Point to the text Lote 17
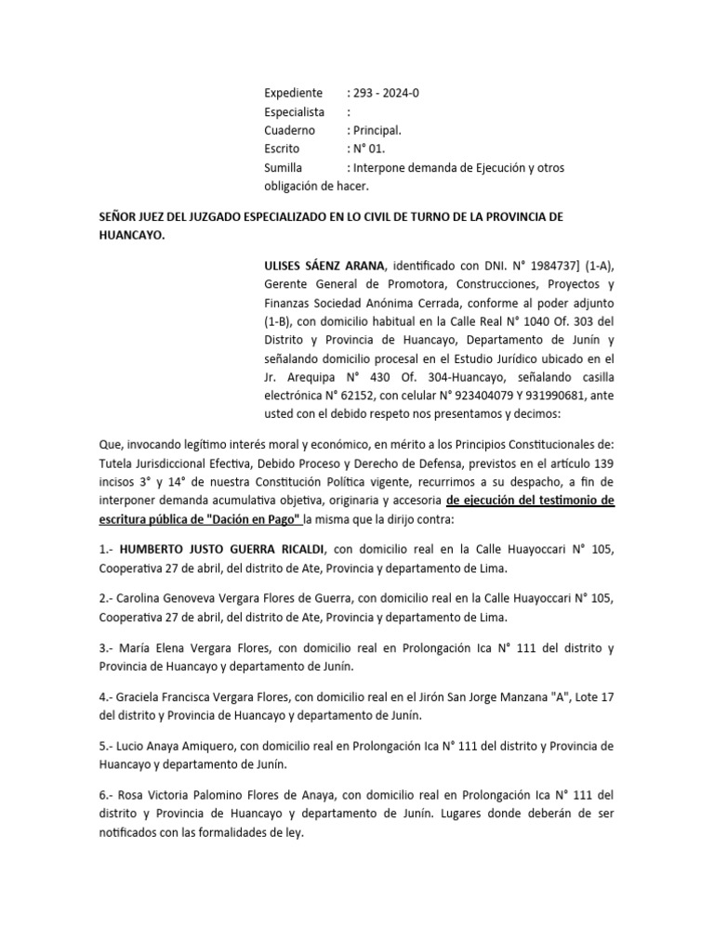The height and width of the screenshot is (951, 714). click(588, 697)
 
